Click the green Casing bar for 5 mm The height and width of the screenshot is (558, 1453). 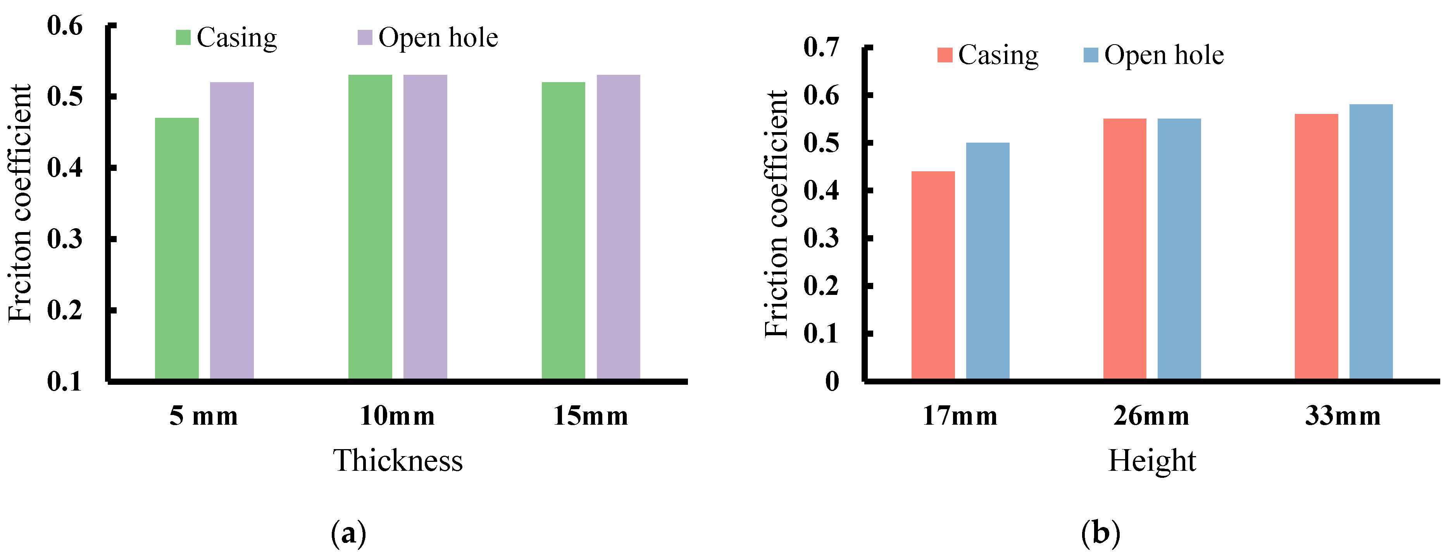click(x=177, y=248)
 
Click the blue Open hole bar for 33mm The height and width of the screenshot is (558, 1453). click(x=1371, y=241)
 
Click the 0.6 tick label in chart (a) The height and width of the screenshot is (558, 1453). click(x=65, y=26)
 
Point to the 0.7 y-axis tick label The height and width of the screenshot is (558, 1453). click(x=821, y=47)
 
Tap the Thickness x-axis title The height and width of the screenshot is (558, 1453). click(x=398, y=460)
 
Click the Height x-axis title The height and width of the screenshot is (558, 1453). click(x=1152, y=460)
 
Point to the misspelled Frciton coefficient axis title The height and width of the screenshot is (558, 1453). click(x=20, y=203)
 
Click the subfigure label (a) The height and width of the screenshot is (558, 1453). click(x=348, y=532)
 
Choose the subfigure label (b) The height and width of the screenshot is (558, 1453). click(x=1100, y=532)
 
